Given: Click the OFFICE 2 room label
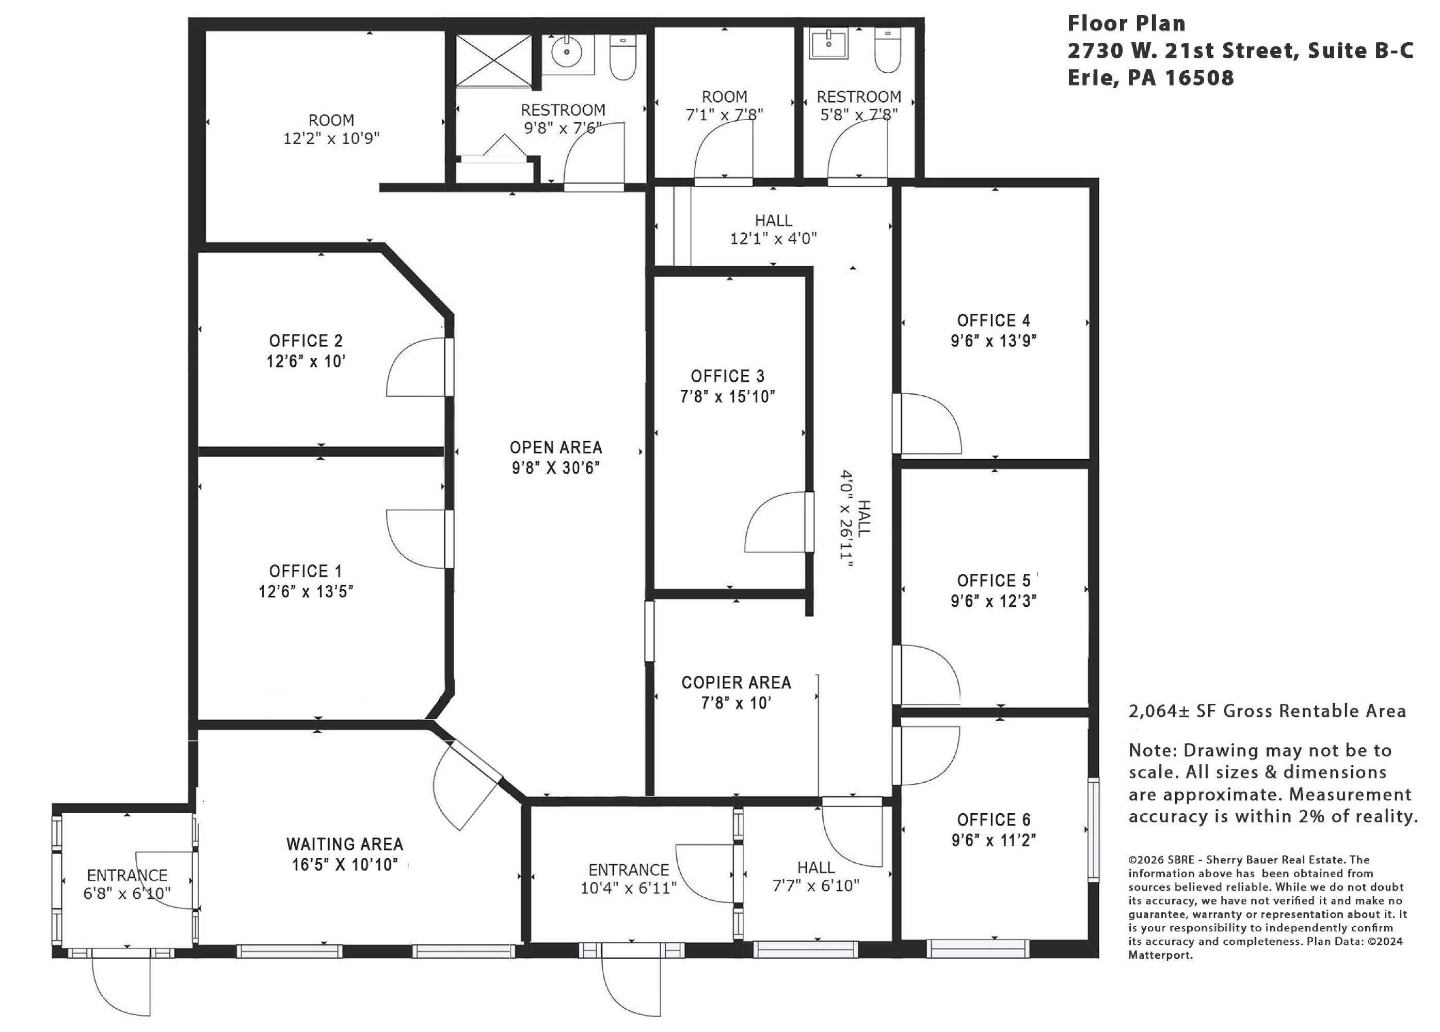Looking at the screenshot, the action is pyautogui.click(x=306, y=341).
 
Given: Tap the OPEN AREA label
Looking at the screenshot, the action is pyautogui.click(x=555, y=447).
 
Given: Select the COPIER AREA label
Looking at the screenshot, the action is pyautogui.click(x=736, y=682).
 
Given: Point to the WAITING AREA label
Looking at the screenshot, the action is pyautogui.click(x=345, y=844).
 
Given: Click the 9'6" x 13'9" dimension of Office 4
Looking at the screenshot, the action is pyautogui.click(x=993, y=341).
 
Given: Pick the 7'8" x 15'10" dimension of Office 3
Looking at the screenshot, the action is pyautogui.click(x=727, y=397).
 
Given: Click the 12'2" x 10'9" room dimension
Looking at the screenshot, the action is pyautogui.click(x=331, y=138).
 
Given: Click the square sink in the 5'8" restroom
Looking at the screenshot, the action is pyautogui.click(x=828, y=44).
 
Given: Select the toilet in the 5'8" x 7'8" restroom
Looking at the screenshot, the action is pyautogui.click(x=887, y=50).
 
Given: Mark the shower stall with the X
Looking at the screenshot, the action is pyautogui.click(x=493, y=61).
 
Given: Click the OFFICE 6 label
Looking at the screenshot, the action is pyautogui.click(x=994, y=819).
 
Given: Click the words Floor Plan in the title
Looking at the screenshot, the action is pyautogui.click(x=1126, y=24).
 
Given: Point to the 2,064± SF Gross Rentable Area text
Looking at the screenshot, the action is pyautogui.click(x=1267, y=711).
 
